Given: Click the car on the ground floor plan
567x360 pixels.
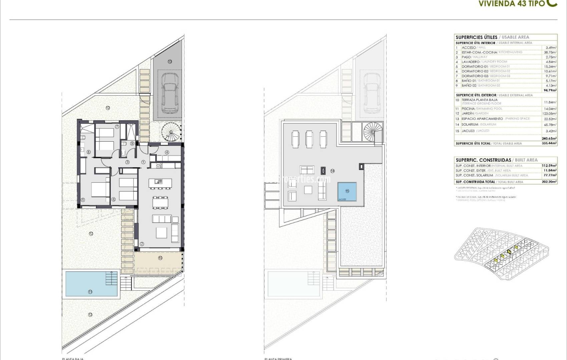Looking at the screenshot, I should tap(169, 93).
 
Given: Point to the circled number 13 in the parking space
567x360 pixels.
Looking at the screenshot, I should tap(169, 61).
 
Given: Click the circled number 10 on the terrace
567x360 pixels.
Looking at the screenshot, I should tap(160, 258).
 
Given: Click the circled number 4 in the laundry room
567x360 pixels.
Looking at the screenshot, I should tap(167, 152).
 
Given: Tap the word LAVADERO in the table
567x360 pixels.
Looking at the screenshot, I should tap(471, 62).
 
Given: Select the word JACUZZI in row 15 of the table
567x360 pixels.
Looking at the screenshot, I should tap(468, 131).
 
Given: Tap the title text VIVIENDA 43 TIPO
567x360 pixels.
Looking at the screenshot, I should tap(512, 4).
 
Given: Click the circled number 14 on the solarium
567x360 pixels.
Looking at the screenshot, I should tap(332, 171).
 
